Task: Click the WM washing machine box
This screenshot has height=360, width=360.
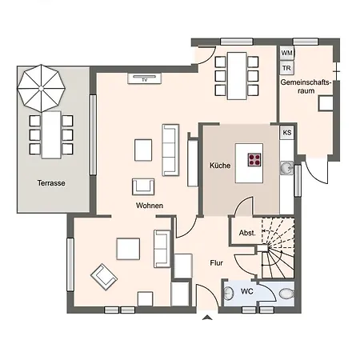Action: pyautogui.click(x=286, y=53)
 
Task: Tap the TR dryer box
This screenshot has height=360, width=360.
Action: pyautogui.click(x=286, y=68)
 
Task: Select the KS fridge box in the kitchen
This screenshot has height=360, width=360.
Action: pyautogui.click(x=287, y=133)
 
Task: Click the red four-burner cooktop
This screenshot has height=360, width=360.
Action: pyautogui.click(x=254, y=159)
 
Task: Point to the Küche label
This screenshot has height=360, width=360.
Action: pyautogui.click(x=220, y=166)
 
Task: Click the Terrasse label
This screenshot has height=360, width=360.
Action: pyautogui.click(x=51, y=183)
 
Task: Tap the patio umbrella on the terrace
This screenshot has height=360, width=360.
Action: pyautogui.click(x=41, y=88)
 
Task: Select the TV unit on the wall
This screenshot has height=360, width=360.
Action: pyautogui.click(x=145, y=78)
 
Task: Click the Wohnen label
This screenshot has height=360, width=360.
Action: pyautogui.click(x=150, y=206)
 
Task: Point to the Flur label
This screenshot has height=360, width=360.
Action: pyautogui.click(x=216, y=263)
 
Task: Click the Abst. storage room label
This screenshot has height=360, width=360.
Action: pyautogui.click(x=247, y=233)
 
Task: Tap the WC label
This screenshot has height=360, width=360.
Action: pyautogui.click(x=247, y=291)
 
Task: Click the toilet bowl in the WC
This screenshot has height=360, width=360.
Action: pyautogui.click(x=286, y=294)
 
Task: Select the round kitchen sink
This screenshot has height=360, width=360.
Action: pyautogui.click(x=286, y=168)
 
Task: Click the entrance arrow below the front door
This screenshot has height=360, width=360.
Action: pyautogui.click(x=207, y=318)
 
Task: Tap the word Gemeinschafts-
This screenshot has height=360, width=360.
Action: pyautogui.click(x=306, y=82)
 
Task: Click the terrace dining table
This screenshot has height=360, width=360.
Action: pyautogui.click(x=51, y=135)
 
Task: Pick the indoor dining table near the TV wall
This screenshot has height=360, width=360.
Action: pyautogui.click(x=237, y=76)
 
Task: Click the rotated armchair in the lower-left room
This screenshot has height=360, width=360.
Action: pyautogui.click(x=104, y=277)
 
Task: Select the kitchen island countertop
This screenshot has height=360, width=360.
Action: pyautogui.click(x=249, y=163)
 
